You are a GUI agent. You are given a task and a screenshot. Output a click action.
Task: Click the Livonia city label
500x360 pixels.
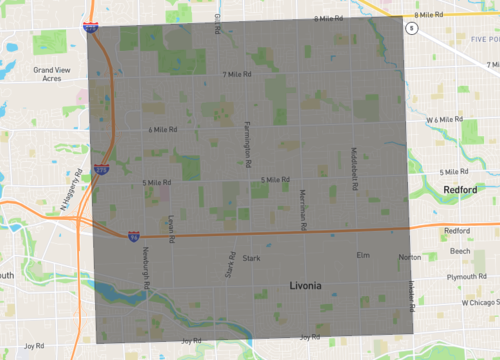[x=305, y=286]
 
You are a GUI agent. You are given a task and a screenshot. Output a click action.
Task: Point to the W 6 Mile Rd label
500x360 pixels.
[x=446, y=119]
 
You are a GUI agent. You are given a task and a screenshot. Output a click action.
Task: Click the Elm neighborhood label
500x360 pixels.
[x=363, y=255]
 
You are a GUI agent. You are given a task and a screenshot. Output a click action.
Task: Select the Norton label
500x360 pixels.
[x=410, y=257]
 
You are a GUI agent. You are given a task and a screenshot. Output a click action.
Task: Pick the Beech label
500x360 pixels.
[x=460, y=253]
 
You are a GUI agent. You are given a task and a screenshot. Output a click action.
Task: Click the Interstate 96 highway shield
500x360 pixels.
[x=133, y=235]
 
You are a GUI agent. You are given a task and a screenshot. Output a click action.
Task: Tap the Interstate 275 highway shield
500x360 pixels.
[x=102, y=171]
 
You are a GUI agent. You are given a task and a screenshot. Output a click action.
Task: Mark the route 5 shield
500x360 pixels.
[x=409, y=29]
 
